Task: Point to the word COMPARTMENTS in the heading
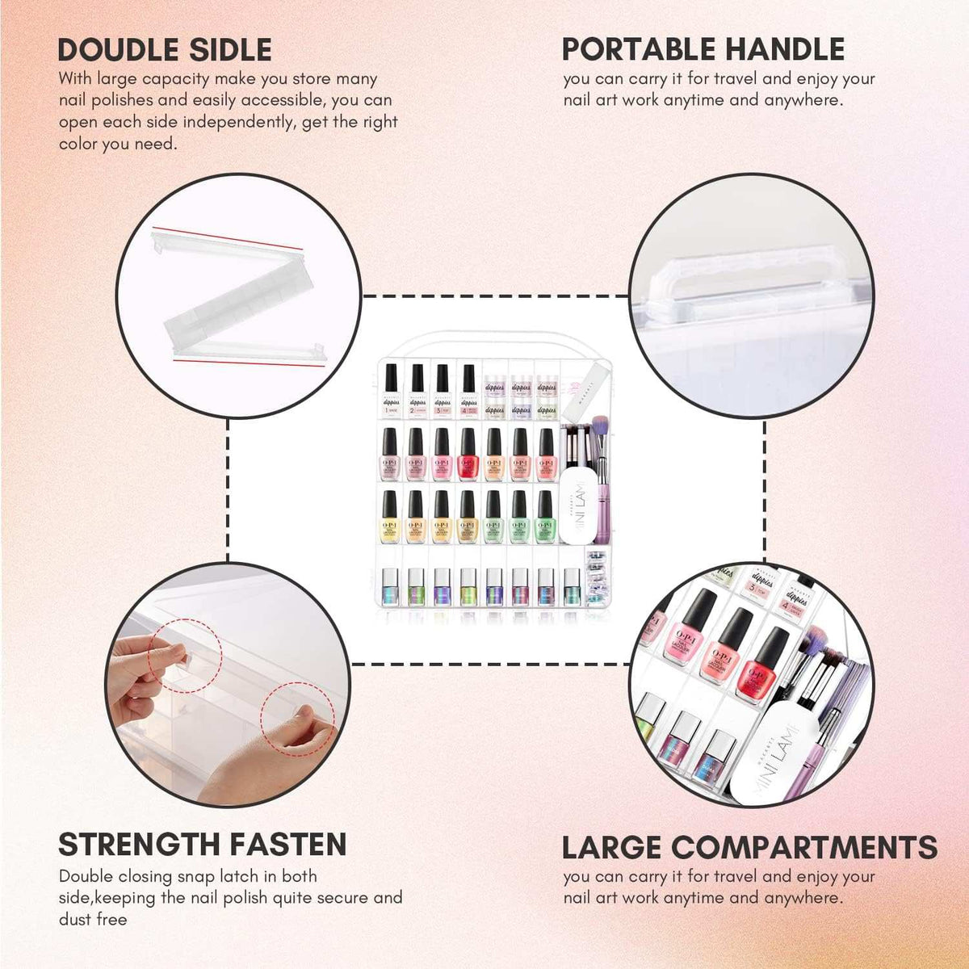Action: click(804, 848)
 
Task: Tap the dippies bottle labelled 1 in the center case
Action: click(392, 392)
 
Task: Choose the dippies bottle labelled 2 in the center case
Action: click(417, 392)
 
